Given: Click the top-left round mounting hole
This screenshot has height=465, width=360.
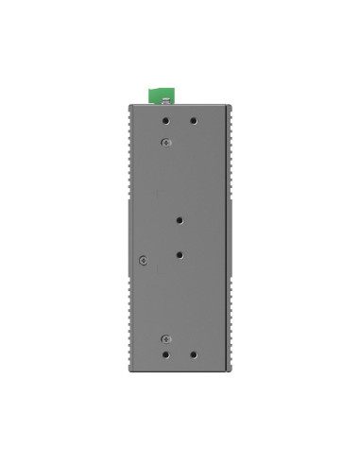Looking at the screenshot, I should click(x=166, y=121).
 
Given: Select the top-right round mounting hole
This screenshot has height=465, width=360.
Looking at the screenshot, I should click(x=194, y=121).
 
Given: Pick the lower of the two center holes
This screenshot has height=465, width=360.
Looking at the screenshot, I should click(x=180, y=254).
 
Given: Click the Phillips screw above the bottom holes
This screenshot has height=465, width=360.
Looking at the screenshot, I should click(x=165, y=337).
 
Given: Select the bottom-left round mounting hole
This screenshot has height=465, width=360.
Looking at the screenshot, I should click(x=166, y=355).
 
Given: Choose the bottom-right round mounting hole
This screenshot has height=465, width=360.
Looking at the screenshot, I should click(x=194, y=355).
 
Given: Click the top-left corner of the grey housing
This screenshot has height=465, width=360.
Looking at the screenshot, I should click(x=129, y=104).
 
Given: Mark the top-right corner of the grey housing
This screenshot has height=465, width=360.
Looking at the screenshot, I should click(x=230, y=104).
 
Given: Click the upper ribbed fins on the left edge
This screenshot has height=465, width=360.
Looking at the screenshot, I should click(x=128, y=151).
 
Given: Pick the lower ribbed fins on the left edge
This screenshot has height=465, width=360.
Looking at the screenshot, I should click(x=128, y=321).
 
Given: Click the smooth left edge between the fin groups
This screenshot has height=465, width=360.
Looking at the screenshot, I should click(x=129, y=236).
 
